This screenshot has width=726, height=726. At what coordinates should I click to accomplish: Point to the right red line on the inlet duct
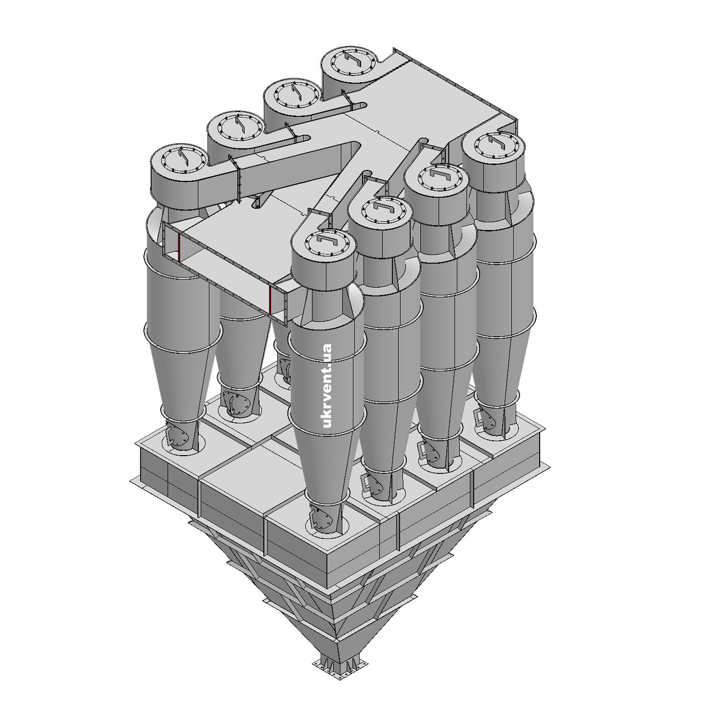coord(270,300)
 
